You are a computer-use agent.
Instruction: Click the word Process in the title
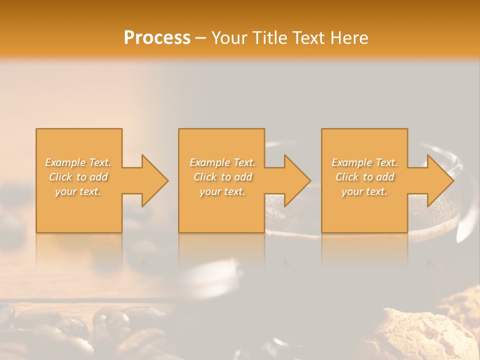point(157,37)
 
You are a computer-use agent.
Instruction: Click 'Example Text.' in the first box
point(78,162)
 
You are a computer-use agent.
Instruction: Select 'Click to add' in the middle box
point(222,177)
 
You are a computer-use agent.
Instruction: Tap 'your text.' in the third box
point(364,191)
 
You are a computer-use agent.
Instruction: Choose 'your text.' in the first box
point(78,191)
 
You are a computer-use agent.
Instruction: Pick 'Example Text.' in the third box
point(364,162)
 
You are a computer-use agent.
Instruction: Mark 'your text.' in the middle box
point(222,191)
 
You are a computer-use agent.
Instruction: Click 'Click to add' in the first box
point(78,177)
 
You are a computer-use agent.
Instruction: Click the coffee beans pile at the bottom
point(75,330)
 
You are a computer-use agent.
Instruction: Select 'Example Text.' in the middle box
point(222,162)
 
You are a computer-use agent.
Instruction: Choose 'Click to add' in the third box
point(364,177)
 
